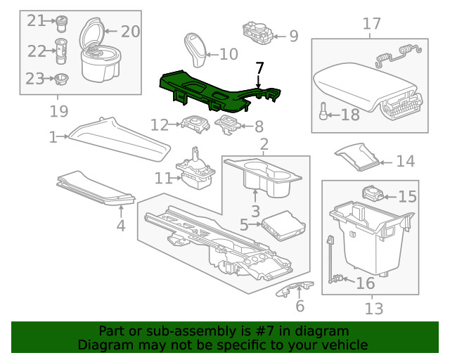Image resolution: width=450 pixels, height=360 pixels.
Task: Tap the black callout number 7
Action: point(260,67)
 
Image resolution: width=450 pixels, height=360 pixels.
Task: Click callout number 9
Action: point(293,35)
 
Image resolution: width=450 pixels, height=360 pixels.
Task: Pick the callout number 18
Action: point(349,115)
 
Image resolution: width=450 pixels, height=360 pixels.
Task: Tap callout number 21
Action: point(36,20)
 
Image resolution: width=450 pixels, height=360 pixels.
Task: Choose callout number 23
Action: point(35,79)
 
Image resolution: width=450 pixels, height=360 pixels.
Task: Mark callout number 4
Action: point(121,226)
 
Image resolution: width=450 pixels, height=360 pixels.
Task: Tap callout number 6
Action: point(300,306)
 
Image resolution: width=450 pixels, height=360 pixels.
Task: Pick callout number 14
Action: point(405,162)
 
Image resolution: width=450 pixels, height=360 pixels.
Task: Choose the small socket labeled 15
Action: point(373,193)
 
